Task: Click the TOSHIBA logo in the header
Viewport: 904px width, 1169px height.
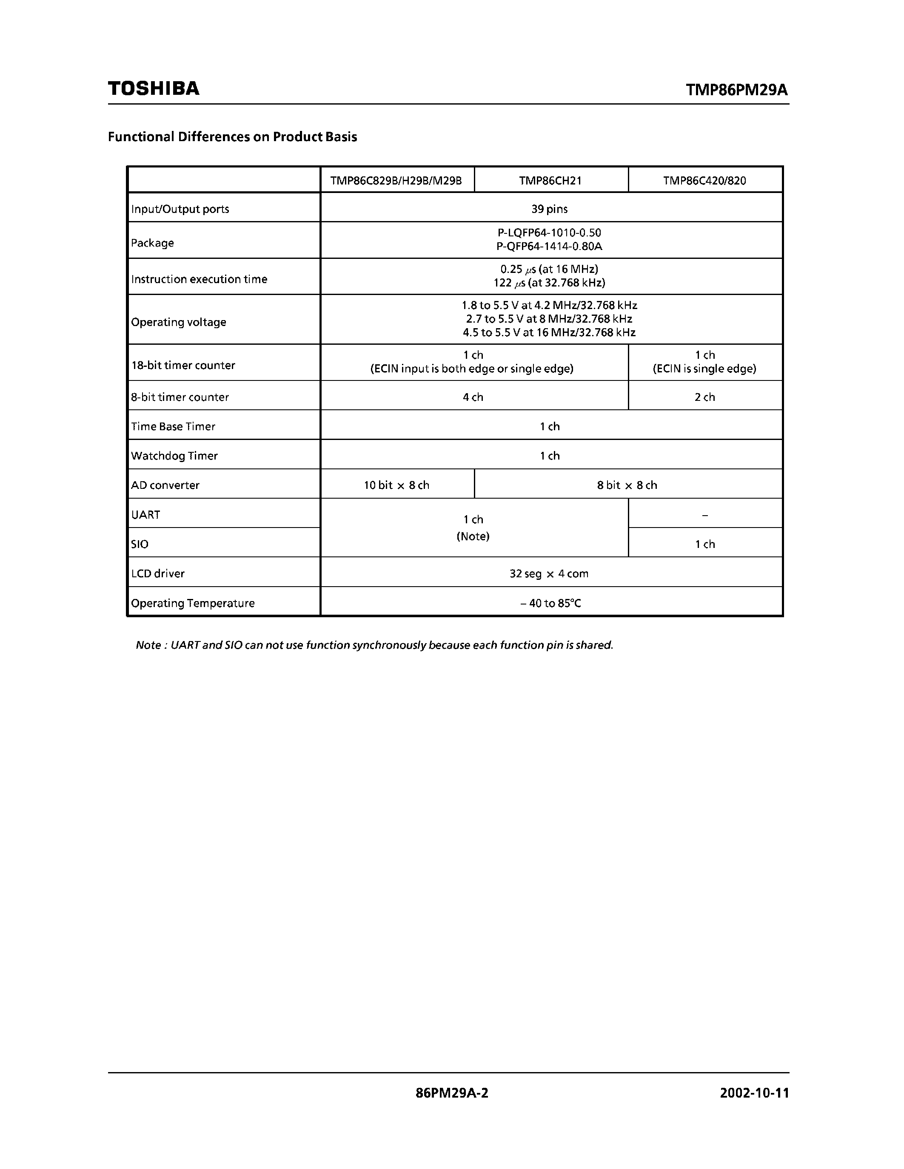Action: pos(154,88)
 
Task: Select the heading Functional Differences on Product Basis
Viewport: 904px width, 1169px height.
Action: pos(232,136)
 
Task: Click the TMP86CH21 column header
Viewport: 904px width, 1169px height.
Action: pos(550,180)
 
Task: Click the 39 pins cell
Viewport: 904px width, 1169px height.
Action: pos(550,209)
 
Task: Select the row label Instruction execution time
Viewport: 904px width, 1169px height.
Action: pos(199,279)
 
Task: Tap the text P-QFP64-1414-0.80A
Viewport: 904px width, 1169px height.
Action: pos(550,246)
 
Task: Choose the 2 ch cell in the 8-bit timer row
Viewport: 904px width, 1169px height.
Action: pos(705,397)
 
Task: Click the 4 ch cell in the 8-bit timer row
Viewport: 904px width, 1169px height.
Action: pos(473,397)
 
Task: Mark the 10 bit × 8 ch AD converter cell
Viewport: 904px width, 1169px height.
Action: pos(396,485)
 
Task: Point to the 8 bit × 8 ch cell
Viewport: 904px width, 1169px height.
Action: pos(627,485)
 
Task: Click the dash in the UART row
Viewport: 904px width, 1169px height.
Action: pos(705,515)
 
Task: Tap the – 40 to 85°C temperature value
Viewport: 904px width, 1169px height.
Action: pos(550,603)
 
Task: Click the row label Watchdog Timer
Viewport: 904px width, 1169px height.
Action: pos(174,456)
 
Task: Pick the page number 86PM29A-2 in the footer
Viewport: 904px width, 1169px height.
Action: pos(451,1092)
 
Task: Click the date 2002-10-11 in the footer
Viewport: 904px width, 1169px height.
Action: pos(754,1092)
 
